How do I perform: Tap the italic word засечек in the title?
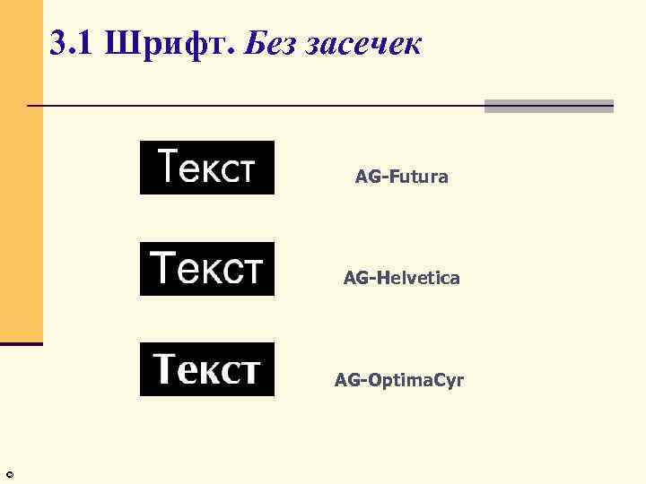tap(364, 43)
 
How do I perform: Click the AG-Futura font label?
tap(401, 177)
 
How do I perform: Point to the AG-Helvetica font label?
tap(401, 279)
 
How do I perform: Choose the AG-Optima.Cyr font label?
tap(399, 380)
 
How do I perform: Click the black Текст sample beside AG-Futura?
tap(207, 168)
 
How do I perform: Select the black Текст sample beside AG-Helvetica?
tap(207, 269)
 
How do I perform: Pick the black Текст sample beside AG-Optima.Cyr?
tap(207, 369)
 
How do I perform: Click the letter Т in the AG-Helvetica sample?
tap(162, 267)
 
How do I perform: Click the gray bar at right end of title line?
tap(548, 106)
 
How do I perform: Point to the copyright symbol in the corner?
tap(8, 473)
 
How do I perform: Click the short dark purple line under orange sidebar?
tap(22, 343)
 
